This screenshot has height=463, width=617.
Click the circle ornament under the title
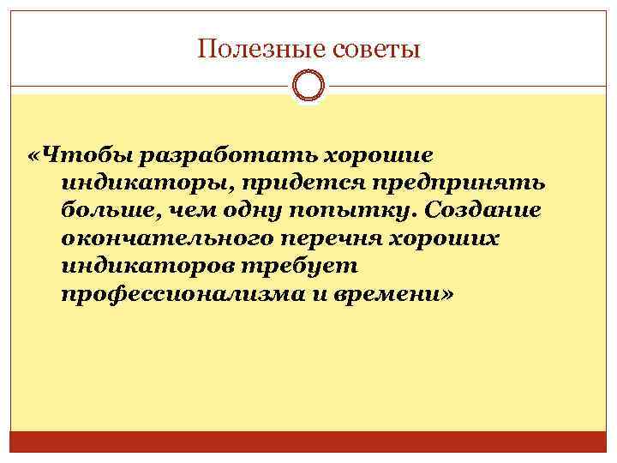[308, 86]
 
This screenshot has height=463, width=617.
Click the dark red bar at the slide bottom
[308, 442]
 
